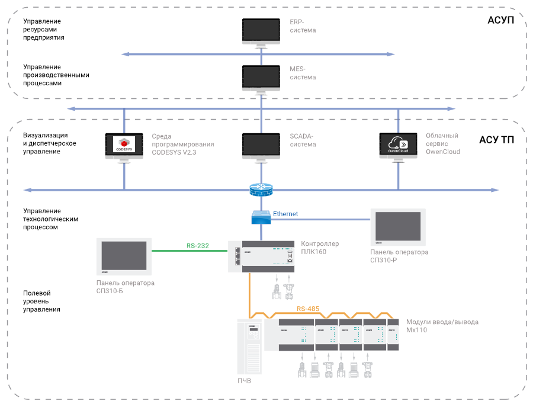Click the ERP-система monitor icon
[261, 30]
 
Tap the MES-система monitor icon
[261, 77]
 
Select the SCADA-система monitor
[261, 145]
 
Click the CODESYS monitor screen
[124, 145]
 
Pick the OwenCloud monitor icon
[399, 145]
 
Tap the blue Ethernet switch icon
[261, 217]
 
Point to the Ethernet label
[285, 213]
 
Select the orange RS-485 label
[309, 309]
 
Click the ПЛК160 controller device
[261, 256]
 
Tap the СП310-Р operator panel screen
[398, 227]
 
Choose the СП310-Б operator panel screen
[124, 255]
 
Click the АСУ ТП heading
[496, 140]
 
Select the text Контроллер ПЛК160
[320, 248]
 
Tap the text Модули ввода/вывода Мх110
[442, 326]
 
